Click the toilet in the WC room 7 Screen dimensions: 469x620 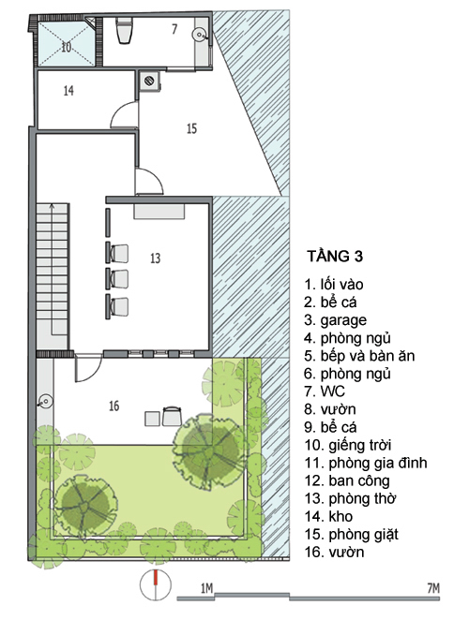[x=124, y=30]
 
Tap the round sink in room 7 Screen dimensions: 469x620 [x=199, y=36]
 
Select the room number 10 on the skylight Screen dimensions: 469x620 [x=67, y=47]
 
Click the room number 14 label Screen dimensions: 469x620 [x=68, y=91]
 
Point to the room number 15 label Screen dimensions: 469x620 [x=191, y=128]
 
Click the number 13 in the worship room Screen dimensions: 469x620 [x=156, y=258]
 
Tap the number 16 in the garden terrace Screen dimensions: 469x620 [x=113, y=406]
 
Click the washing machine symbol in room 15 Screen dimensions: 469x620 [x=149, y=81]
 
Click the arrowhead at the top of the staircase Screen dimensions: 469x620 [x=51, y=206]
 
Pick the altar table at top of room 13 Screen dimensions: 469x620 [x=159, y=211]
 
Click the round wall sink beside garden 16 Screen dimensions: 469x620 [x=45, y=402]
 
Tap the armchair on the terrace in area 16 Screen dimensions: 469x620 [x=172, y=416]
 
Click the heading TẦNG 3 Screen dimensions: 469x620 [x=335, y=257]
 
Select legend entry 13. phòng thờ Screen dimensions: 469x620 [x=350, y=498]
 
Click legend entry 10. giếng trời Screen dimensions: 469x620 [x=348, y=445]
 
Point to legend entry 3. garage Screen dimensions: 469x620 [x=336, y=320]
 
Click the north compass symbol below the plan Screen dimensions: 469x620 [x=156, y=585]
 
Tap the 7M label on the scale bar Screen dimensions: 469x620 [x=433, y=588]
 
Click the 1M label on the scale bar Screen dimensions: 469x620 [x=206, y=589]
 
